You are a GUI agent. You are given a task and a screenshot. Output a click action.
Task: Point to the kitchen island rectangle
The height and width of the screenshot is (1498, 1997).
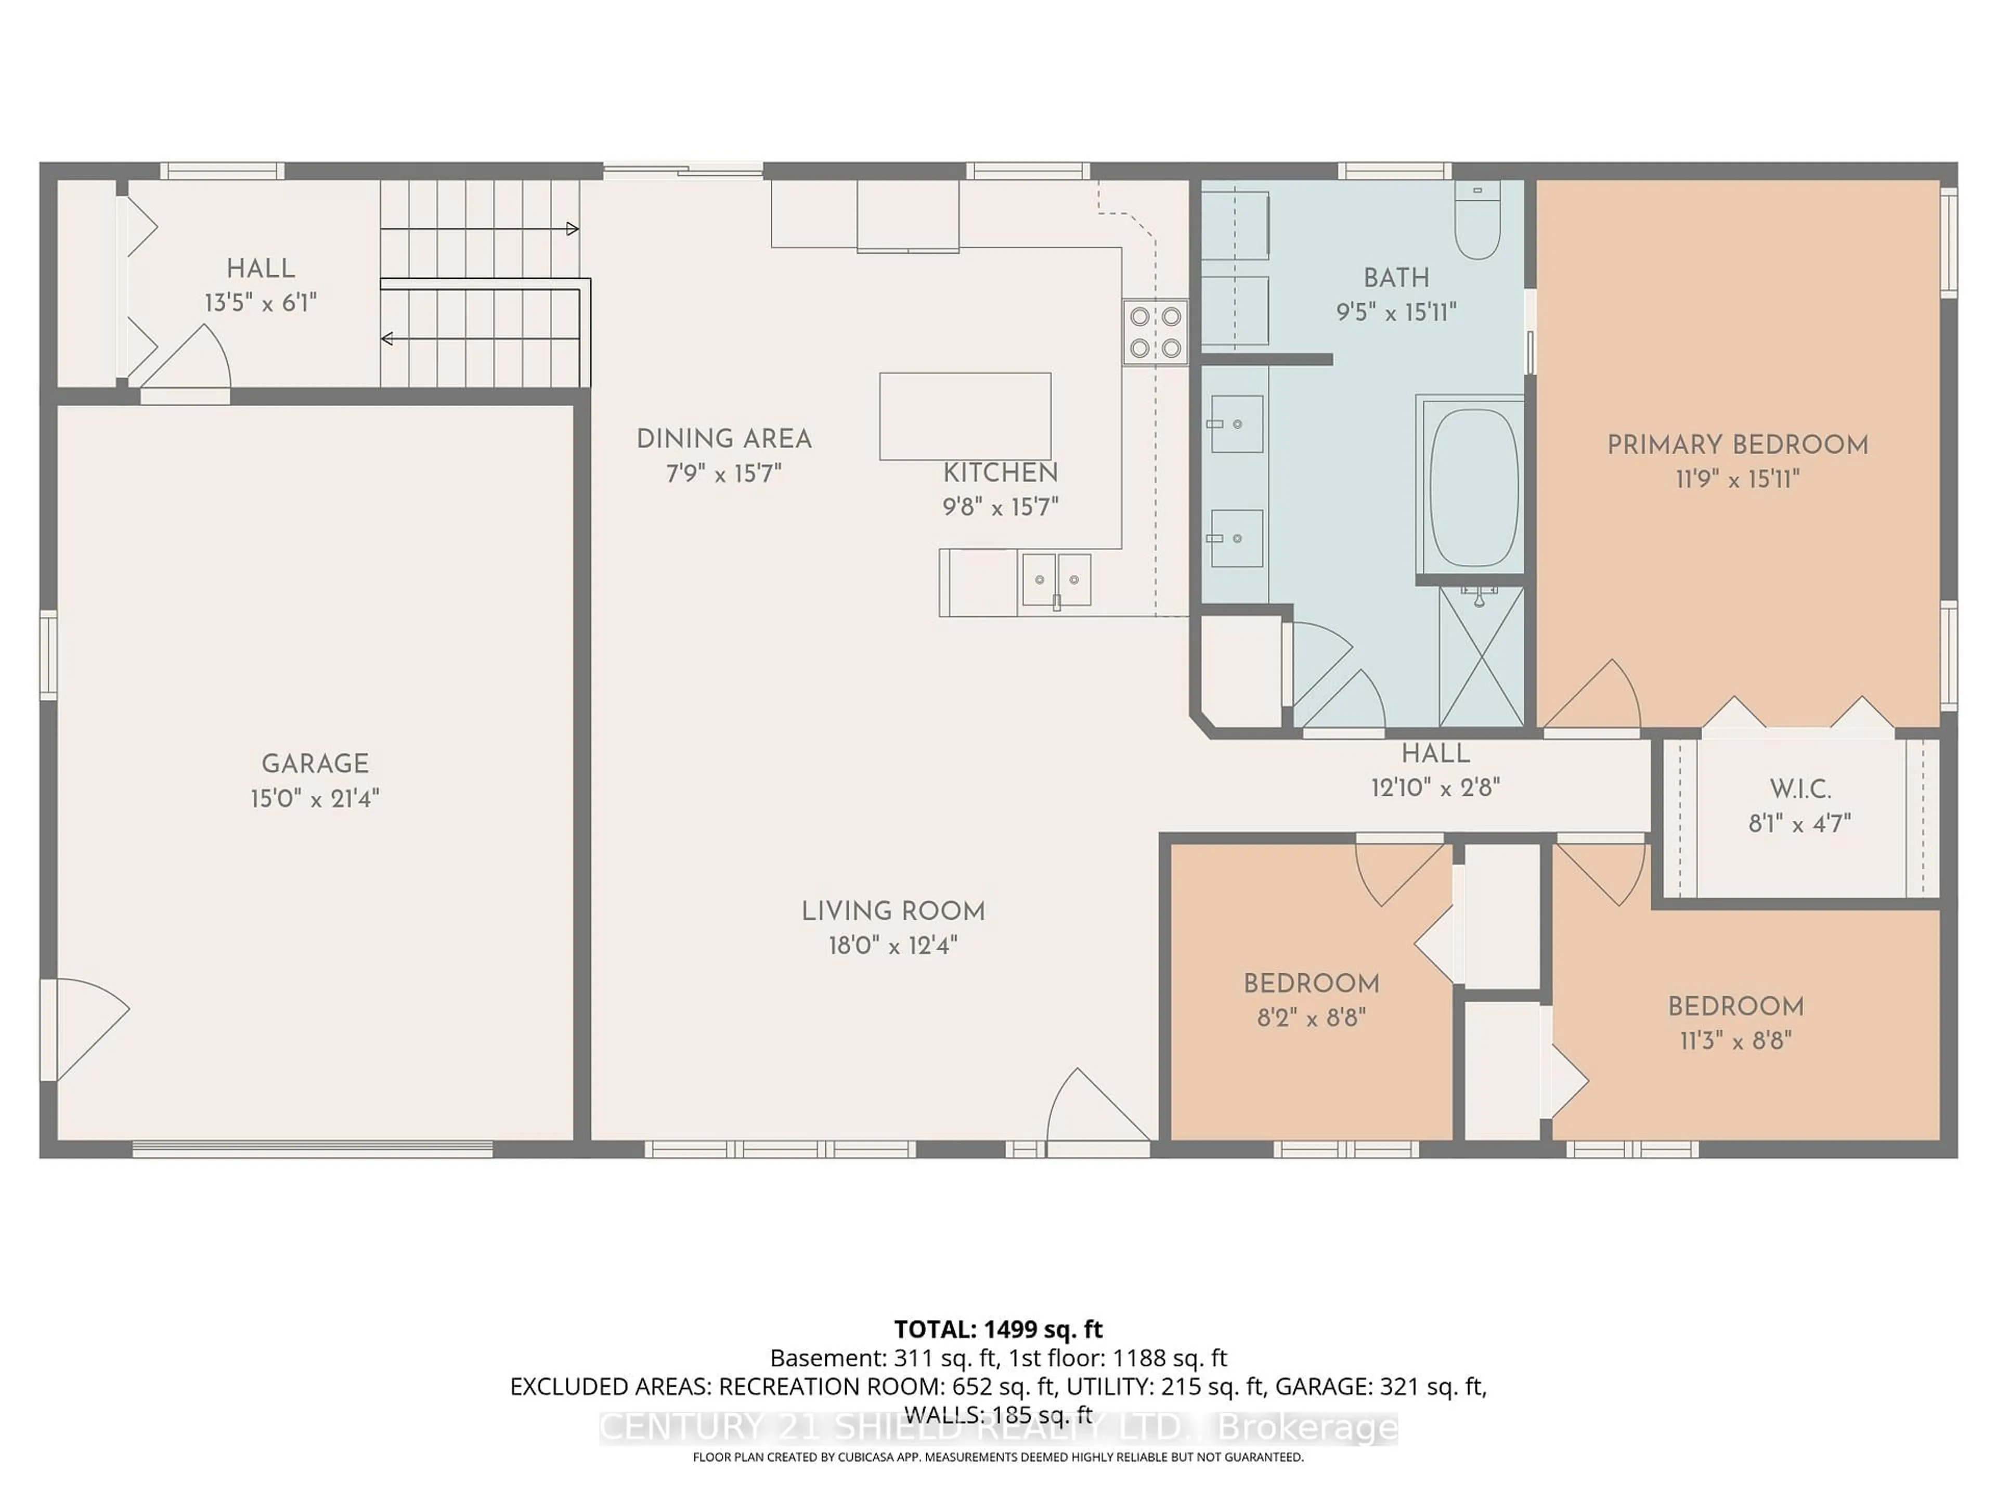[x=965, y=416]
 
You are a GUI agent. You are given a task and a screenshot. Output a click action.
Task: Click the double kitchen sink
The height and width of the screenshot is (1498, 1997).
[x=1055, y=580]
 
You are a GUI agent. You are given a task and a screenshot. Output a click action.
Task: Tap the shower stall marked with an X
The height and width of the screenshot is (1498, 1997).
[x=1481, y=656]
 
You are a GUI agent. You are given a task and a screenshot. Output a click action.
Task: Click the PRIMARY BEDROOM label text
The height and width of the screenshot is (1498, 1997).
[x=1737, y=444]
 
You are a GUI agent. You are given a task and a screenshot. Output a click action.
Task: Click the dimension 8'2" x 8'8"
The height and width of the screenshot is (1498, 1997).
[x=1311, y=1017]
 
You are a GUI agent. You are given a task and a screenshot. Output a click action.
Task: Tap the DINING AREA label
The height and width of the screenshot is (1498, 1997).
[x=724, y=439]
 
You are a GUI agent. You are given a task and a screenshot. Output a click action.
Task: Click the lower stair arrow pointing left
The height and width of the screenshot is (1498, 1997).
[x=388, y=339]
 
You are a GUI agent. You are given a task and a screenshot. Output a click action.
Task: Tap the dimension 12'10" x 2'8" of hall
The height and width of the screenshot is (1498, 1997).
[x=1434, y=787]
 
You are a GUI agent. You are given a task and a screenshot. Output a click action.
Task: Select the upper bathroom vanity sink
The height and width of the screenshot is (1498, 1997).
[x=1236, y=423]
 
